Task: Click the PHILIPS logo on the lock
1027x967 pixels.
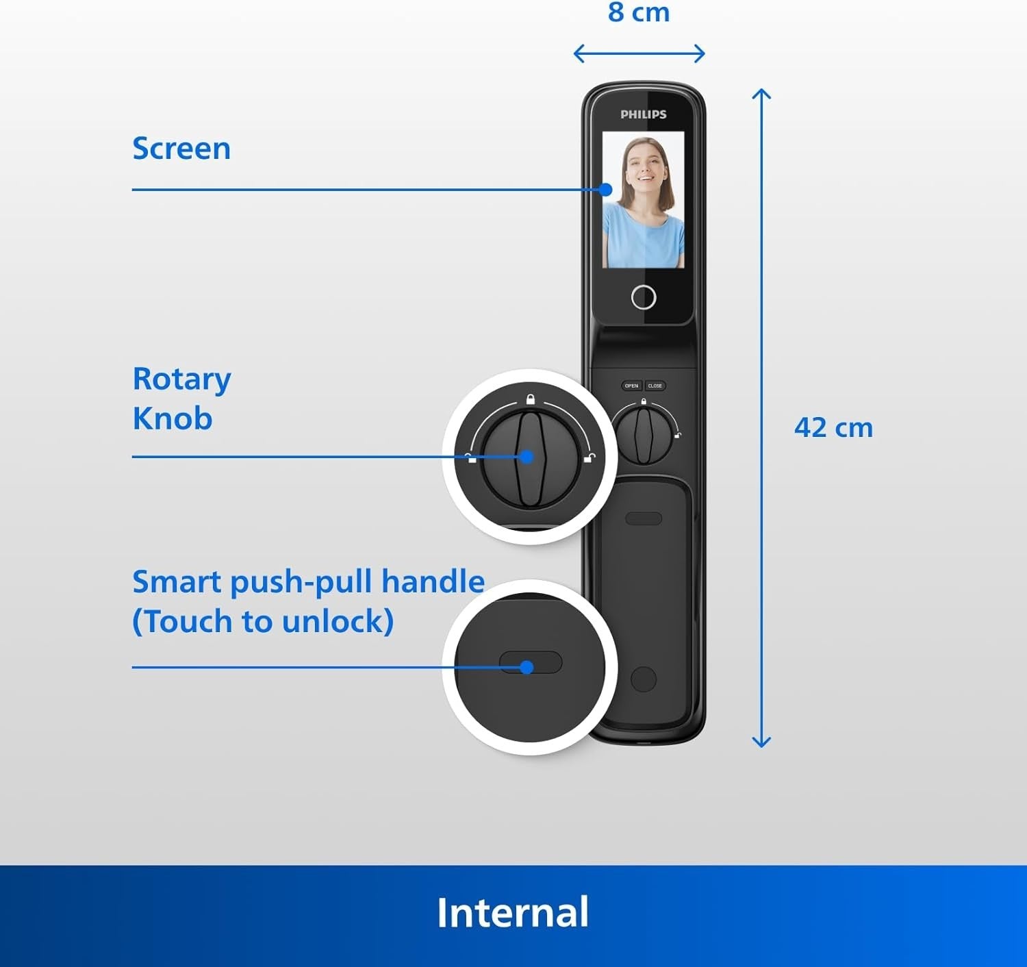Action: click(644, 114)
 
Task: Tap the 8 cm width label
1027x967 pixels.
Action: click(639, 12)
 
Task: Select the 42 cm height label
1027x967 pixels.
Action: click(833, 428)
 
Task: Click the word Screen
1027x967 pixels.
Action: click(181, 149)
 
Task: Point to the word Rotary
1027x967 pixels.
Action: click(182, 380)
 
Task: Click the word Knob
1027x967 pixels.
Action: click(173, 418)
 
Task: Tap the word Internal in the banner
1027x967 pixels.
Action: click(513, 912)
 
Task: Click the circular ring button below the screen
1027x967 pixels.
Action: click(644, 297)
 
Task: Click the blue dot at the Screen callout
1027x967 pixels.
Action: click(605, 190)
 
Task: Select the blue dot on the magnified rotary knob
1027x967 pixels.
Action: click(527, 457)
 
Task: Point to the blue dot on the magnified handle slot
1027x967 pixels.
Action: click(527, 668)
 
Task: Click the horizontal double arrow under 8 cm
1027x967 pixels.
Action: click(639, 53)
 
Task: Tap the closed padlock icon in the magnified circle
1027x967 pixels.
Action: click(531, 399)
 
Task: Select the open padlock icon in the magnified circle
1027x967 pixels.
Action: click(589, 457)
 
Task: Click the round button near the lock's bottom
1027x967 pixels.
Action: click(644, 679)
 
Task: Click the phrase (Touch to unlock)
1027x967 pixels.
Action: click(263, 621)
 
